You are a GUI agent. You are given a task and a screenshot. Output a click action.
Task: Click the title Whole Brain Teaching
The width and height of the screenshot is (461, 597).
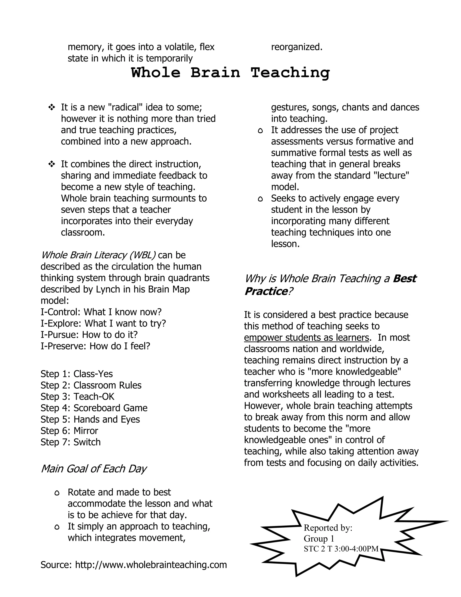pos(230,73)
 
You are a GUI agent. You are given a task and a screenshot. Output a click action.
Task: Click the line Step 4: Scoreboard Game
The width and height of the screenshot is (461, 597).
pos(94,408)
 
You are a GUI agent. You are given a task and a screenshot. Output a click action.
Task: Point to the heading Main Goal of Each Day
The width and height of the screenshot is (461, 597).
pos(93,469)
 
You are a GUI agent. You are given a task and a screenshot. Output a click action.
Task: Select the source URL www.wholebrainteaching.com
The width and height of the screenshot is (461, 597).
pos(151,565)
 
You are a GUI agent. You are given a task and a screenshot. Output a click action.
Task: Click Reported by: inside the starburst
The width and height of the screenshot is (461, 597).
pos(328,528)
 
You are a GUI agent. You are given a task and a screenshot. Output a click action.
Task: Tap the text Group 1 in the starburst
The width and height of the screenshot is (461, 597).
pos(319,538)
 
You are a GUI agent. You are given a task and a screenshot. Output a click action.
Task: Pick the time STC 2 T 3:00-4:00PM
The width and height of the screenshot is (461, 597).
pos(341,549)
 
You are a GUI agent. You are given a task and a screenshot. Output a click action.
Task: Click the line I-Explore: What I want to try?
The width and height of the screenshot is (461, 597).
pos(103,323)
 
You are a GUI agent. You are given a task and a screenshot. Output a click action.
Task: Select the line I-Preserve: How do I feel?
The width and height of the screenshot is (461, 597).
pos(95,346)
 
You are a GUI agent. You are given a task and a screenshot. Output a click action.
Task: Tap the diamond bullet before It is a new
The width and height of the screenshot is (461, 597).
pos(51,107)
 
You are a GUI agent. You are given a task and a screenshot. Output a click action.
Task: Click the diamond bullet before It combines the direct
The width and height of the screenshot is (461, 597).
pos(51,164)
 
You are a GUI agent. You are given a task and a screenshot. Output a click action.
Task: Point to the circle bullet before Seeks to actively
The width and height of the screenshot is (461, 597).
pos(260,199)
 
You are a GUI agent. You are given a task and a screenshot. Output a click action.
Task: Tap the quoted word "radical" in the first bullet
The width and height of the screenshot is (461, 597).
pos(124,107)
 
